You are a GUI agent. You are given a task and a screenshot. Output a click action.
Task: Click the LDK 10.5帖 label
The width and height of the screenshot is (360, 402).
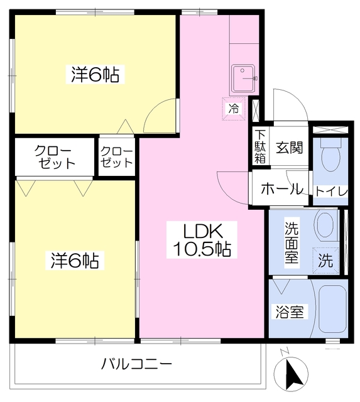pyautogui.click(x=202, y=240)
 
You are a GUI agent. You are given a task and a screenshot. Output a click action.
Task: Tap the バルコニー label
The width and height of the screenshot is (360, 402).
pyautogui.click(x=136, y=364)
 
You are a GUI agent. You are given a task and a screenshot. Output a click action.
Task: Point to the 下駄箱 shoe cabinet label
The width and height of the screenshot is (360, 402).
pyautogui.click(x=260, y=147)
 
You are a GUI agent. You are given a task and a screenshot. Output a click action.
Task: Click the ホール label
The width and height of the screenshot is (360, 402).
pyautogui.click(x=282, y=189)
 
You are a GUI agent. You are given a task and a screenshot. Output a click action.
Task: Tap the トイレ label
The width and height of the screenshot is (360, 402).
pyautogui.click(x=331, y=192)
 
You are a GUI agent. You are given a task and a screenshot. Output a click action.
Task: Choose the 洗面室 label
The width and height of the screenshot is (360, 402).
pyautogui.click(x=292, y=242)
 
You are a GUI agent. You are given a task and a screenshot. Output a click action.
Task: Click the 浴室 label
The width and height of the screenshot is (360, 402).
pyautogui.click(x=290, y=312)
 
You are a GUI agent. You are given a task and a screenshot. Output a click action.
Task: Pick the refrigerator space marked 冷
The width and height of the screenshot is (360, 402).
pyautogui.click(x=234, y=109)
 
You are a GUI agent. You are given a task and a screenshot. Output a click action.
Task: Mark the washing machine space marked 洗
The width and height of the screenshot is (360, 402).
pyautogui.click(x=325, y=261)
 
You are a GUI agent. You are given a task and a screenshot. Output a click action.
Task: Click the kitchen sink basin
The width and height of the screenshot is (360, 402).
pyautogui.click(x=243, y=79)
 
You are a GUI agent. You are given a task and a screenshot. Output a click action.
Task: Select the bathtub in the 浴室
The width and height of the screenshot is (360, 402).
pyautogui.click(x=333, y=309)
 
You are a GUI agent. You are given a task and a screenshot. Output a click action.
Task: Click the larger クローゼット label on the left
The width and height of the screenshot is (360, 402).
pyautogui.click(x=55, y=157)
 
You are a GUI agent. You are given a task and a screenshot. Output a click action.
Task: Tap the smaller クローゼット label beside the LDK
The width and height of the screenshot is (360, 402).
pyautogui.click(x=117, y=157)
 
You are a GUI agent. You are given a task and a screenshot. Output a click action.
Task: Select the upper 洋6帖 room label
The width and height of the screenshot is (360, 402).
pyautogui.click(x=95, y=74)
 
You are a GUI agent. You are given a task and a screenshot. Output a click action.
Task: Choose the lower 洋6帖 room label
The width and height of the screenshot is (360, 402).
pyautogui.click(x=75, y=261)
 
